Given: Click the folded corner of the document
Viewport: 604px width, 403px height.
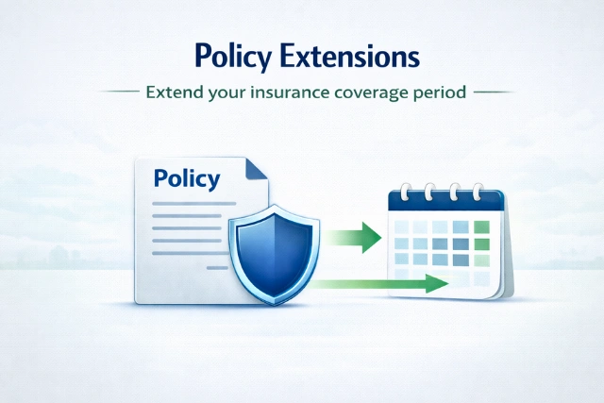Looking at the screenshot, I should coord(257,170).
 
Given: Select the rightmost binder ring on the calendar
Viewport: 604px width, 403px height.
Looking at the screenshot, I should coord(478,192).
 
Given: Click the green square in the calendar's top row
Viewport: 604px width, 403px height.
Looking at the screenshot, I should coord(481,227).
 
